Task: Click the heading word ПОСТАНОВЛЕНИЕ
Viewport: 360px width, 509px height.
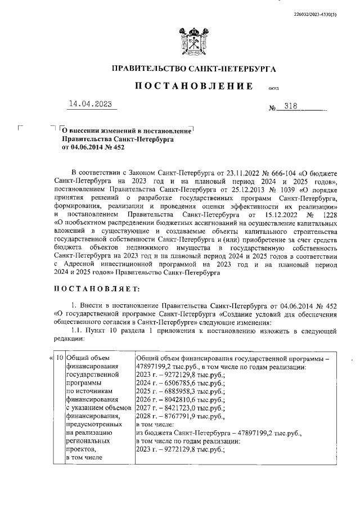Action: [x=193, y=86]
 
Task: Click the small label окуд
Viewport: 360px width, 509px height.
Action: [x=274, y=88]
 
